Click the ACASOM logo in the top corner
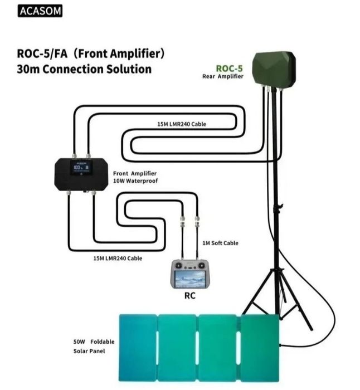(40, 12)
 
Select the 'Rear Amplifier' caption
(223, 77)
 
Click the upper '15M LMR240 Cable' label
(182, 124)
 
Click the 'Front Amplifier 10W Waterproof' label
(135, 177)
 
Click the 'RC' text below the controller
(189, 296)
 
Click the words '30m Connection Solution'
(84, 69)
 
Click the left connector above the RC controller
(182, 226)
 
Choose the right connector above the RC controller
(198, 226)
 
